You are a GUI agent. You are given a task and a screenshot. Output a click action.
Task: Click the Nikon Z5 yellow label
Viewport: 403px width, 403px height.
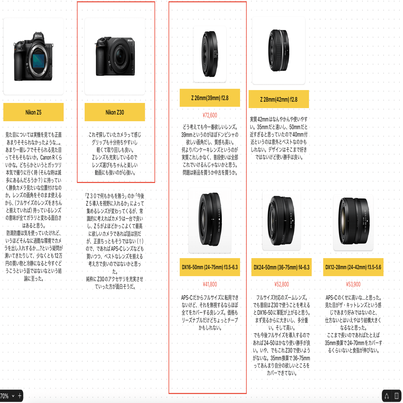[33, 112]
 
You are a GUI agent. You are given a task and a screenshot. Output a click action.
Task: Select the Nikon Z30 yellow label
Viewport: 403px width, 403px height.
[115, 112]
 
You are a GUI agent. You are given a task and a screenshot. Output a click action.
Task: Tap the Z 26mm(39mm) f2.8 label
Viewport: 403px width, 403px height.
[210, 98]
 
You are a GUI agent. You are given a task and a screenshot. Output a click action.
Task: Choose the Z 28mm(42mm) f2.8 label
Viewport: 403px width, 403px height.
[279, 99]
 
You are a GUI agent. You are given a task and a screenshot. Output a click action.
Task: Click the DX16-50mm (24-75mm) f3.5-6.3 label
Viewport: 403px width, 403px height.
[210, 267]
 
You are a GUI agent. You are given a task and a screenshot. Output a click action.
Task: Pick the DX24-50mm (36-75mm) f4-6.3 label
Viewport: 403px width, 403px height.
[282, 267]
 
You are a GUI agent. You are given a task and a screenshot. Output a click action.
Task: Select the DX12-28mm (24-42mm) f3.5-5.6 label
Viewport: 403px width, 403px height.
[353, 267]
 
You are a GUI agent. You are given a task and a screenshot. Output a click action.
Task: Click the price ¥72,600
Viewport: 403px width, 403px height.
[210, 115]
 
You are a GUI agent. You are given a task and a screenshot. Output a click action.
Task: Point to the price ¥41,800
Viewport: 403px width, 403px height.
[210, 284]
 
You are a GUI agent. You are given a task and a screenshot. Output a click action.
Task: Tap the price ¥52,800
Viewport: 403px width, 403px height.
[282, 284]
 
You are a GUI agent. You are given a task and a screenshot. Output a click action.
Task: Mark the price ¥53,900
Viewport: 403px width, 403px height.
[353, 284]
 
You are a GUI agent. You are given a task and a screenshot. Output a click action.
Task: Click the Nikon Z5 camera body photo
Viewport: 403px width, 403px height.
[33, 57]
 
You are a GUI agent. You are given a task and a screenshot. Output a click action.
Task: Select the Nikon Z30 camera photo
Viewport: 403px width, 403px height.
[115, 57]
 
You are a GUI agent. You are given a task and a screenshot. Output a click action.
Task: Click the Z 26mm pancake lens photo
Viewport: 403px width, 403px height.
[210, 54]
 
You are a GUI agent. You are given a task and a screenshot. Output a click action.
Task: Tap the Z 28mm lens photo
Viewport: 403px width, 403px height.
[279, 51]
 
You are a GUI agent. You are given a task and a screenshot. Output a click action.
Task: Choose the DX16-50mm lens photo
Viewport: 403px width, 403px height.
[210, 220]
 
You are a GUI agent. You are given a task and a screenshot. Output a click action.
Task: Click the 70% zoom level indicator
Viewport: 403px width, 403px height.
[4, 396]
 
